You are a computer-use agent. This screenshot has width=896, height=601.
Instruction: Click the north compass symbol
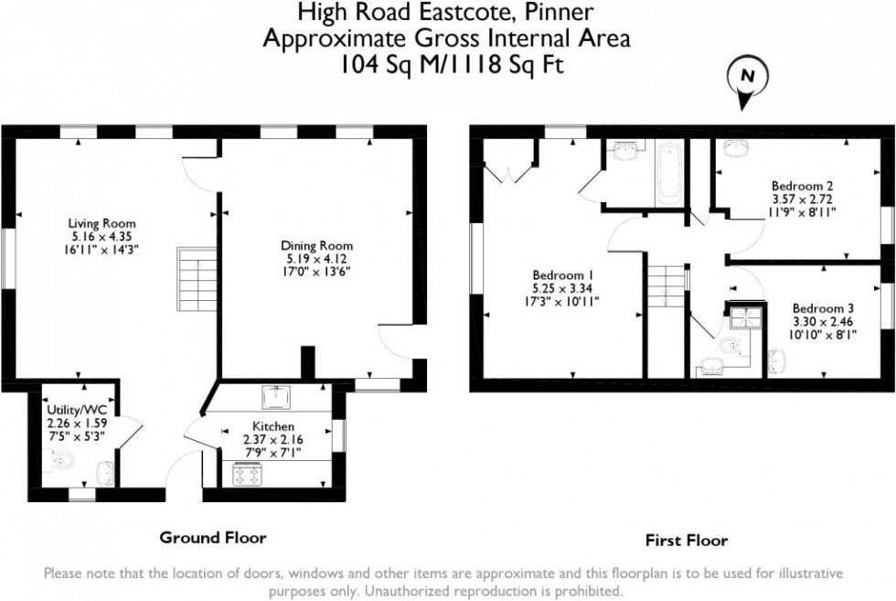point(745,79)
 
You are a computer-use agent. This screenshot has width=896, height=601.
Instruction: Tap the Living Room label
point(101,223)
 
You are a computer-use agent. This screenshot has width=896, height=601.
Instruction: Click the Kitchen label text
point(272,427)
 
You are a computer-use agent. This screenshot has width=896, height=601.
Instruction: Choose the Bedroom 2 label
point(803,185)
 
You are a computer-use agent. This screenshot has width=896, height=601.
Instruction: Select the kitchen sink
point(276,398)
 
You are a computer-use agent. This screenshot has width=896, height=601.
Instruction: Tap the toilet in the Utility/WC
point(59,472)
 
